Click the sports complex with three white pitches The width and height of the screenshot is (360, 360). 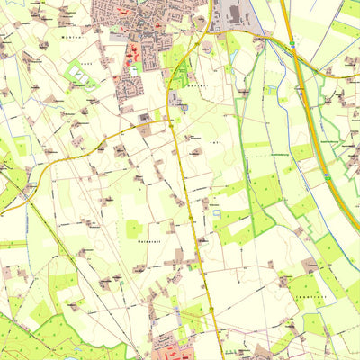click(x=82, y=76)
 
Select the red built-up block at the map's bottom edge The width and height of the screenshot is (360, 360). click(x=167, y=346)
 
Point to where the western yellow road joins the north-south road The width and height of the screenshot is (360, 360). click(x=171, y=120)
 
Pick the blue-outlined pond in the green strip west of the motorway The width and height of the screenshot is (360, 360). click(x=271, y=89)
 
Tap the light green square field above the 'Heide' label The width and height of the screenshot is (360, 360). click(x=134, y=229)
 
